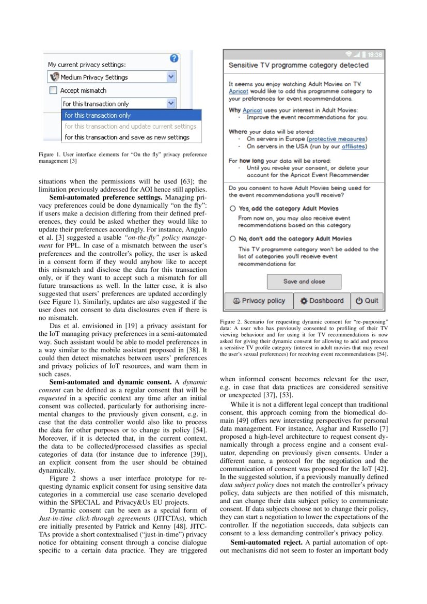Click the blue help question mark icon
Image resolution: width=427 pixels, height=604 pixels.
(x=174, y=59)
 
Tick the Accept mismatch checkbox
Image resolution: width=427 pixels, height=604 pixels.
(x=53, y=90)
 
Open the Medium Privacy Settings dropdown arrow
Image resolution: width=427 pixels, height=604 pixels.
(x=171, y=77)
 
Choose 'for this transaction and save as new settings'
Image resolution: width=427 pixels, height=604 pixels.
(x=126, y=137)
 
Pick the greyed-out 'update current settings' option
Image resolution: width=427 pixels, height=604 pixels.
(x=130, y=126)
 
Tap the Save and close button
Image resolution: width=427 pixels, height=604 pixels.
(x=304, y=282)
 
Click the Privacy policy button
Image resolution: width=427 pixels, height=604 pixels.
(x=259, y=301)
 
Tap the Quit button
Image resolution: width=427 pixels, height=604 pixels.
(x=367, y=301)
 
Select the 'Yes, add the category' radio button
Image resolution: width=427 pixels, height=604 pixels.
(x=233, y=209)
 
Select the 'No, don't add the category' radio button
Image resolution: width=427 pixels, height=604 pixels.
(x=233, y=239)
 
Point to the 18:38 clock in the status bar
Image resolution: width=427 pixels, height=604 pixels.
(x=375, y=55)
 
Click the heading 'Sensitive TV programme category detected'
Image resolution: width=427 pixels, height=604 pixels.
(x=298, y=66)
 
